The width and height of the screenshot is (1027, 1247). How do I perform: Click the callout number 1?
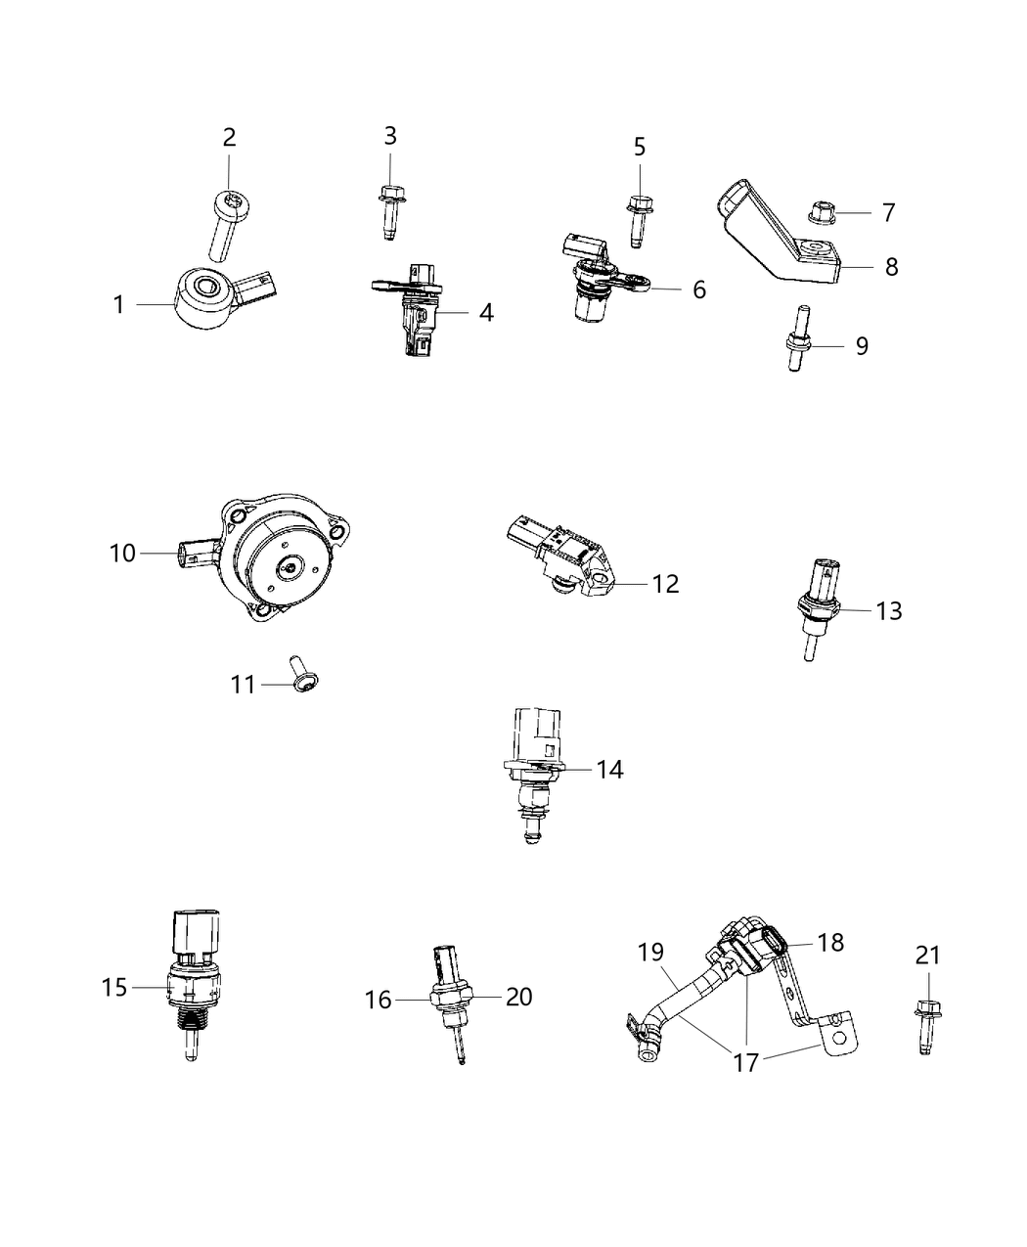[x=118, y=305]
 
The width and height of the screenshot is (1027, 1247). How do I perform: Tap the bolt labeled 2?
[x=223, y=225]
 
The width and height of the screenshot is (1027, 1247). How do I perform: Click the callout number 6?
[x=698, y=289]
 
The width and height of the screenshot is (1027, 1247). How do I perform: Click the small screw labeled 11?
[x=301, y=679]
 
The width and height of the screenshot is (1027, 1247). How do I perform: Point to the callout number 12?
[x=665, y=584]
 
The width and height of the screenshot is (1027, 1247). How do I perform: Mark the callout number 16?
[x=379, y=1000]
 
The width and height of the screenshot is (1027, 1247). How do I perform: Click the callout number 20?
[x=519, y=997]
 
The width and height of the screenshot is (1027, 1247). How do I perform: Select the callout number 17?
[x=746, y=1061]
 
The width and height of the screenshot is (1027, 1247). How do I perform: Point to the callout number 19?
[x=651, y=952]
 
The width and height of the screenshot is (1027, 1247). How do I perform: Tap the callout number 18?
[x=830, y=942]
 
